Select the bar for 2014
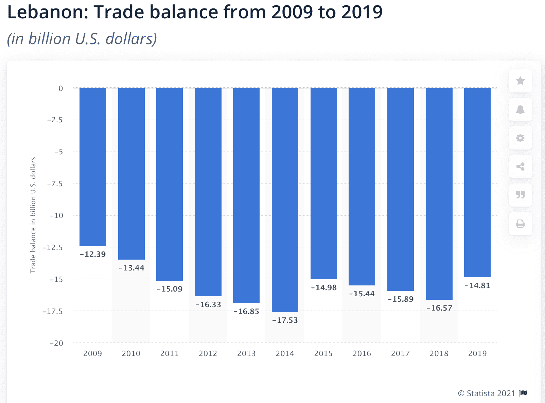point(285,200)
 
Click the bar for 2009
point(92,167)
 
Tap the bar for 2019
point(477,182)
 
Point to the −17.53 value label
point(285,320)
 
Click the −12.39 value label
point(92,254)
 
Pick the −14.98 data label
point(323,287)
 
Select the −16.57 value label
point(439,308)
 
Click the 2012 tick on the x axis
point(208,353)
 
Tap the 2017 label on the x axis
point(400,353)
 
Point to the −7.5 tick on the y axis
point(55,184)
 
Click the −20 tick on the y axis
point(56,343)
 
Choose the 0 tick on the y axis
point(61,88)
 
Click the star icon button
point(520,81)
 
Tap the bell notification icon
point(520,109)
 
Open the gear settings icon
point(520,138)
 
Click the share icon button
point(520,167)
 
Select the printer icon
point(520,224)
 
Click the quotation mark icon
point(520,195)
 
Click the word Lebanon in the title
point(47,12)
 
